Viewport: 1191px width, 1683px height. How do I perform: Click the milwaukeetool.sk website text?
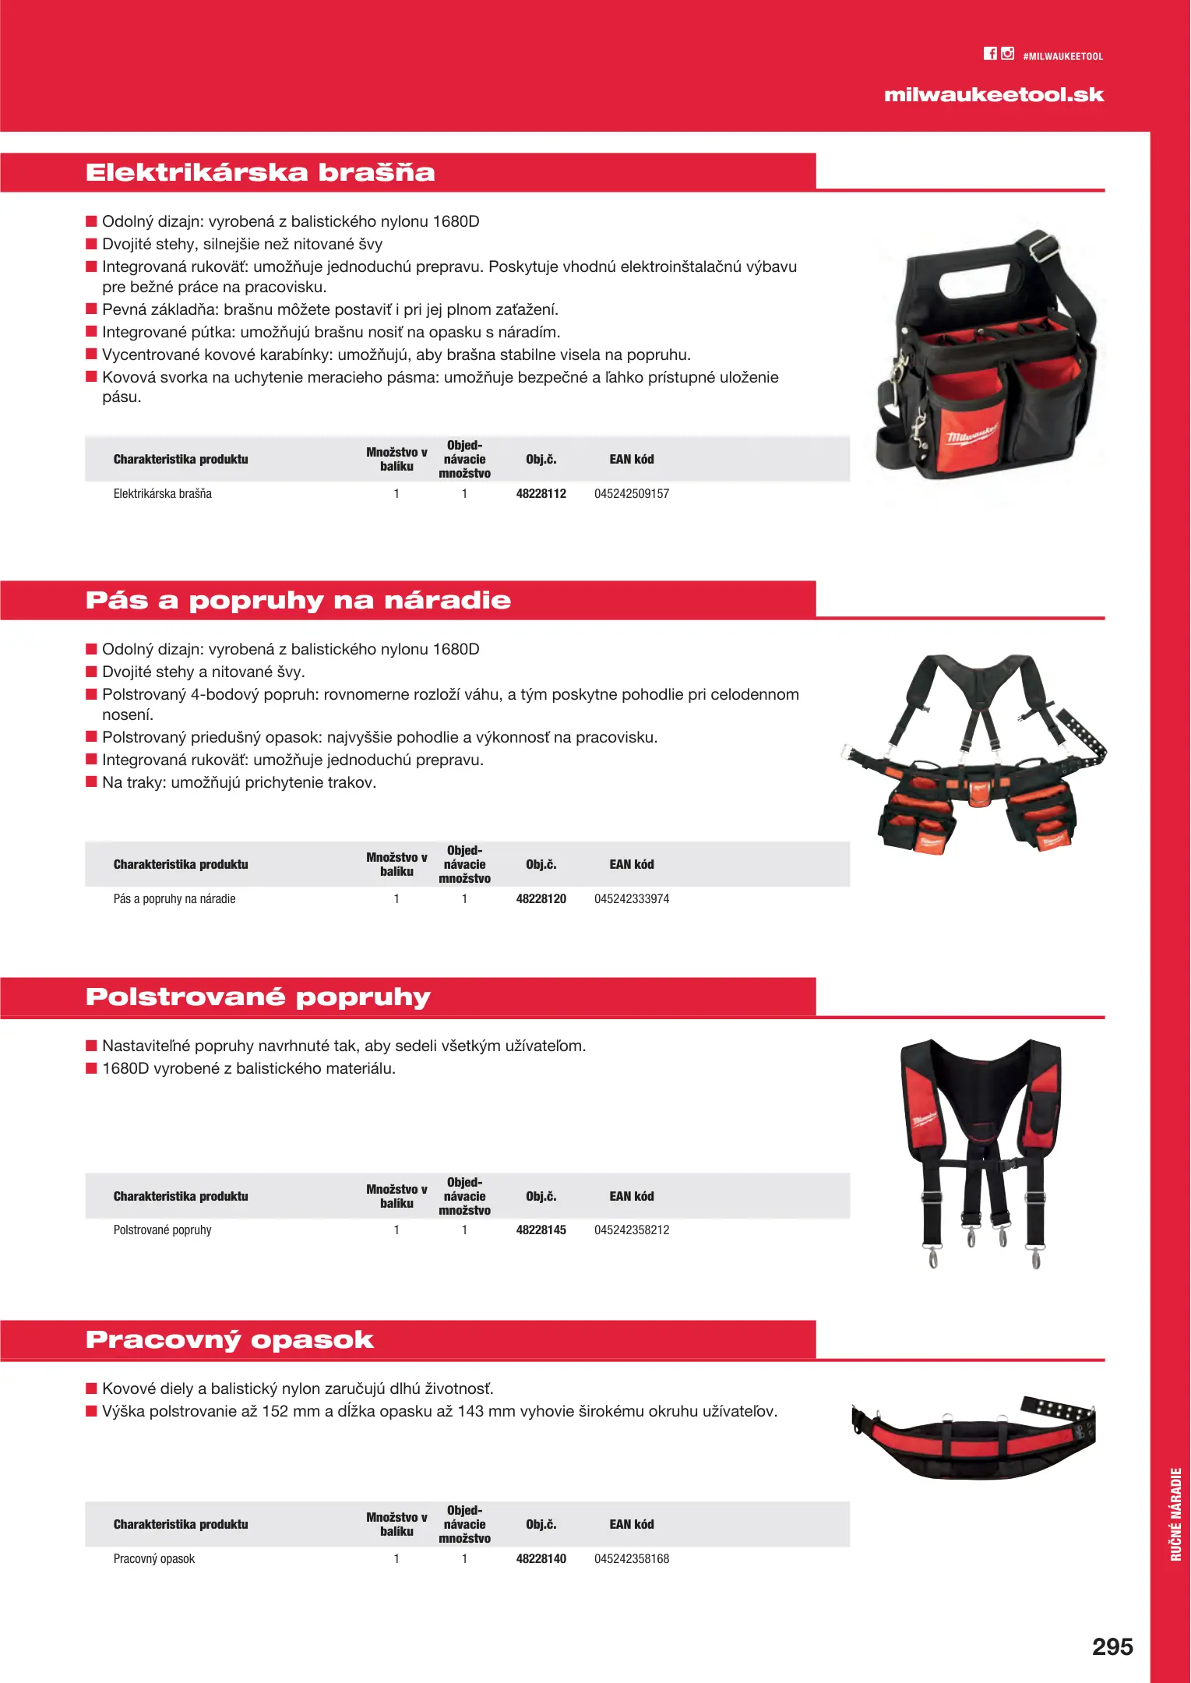[994, 95]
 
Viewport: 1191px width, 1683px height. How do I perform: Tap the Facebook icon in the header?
[990, 54]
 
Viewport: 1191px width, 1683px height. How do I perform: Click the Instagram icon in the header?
[1008, 54]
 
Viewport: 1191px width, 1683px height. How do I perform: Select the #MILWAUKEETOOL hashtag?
[1062, 56]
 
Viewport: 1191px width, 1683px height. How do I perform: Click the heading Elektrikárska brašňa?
[260, 172]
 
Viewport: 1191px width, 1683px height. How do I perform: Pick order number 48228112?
[541, 493]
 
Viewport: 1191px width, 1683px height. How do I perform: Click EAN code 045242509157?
[632, 493]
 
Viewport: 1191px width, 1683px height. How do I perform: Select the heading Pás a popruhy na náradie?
[298, 600]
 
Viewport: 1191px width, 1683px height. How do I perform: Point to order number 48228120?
[541, 898]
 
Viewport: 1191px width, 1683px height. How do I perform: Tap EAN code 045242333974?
[632, 898]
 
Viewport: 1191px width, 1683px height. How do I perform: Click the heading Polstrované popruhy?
[258, 997]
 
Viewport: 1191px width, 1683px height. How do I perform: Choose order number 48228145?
[541, 1230]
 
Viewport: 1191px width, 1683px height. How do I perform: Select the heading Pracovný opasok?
[230, 1339]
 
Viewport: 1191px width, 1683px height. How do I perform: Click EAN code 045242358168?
[632, 1558]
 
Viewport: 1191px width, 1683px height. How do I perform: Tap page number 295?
[1112, 1646]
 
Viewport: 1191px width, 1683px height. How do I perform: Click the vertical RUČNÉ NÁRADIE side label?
[1175, 1514]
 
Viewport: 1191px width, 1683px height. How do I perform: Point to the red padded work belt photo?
[974, 1438]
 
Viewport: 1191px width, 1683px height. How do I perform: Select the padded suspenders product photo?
[981, 1149]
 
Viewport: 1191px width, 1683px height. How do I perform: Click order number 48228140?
[541, 1558]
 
